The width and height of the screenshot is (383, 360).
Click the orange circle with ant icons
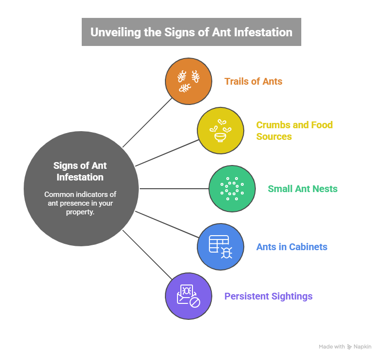189,81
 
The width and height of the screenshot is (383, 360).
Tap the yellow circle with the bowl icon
220,131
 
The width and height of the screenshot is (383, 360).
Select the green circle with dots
232,189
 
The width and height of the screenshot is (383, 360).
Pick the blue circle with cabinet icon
220,247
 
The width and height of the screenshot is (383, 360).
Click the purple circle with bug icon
189,296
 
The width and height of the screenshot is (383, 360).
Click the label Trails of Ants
253,81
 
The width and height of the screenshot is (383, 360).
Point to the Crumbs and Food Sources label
294,131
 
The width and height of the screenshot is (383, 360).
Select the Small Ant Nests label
302,189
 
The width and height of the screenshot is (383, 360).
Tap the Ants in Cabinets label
292,247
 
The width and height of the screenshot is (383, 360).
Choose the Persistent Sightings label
268,296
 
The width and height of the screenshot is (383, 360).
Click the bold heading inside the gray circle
80,171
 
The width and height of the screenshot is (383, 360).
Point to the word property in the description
80,212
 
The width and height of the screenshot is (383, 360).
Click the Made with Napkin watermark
345,347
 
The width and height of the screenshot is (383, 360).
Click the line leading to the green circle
174,189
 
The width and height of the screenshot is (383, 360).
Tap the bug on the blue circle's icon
226,252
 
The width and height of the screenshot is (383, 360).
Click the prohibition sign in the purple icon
194,302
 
